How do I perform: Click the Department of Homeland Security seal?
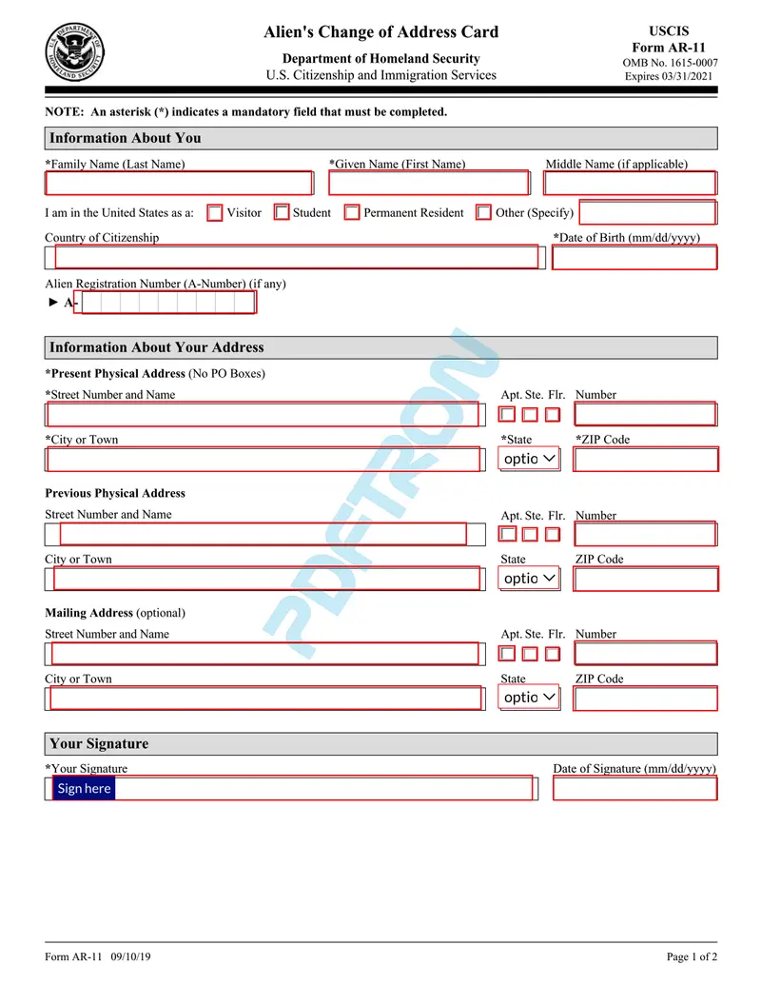coord(75,52)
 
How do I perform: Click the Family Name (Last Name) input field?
coord(179,183)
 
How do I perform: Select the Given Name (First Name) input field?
coord(428,183)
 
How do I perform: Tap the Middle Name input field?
coord(630,183)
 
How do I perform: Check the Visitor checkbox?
coord(215,213)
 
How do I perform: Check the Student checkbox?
coord(282,213)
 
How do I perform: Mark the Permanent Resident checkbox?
coord(352,213)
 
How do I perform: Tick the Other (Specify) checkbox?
coord(483,213)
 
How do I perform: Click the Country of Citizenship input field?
coord(295,257)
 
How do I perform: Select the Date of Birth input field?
coord(634,257)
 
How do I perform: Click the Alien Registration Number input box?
coord(168,303)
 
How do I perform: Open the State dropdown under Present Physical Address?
coord(530,459)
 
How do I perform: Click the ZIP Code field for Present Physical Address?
coord(645,459)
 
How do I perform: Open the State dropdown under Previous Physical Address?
coord(530,579)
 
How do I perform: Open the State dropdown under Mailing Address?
coord(530,698)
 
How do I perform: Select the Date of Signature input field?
coord(634,788)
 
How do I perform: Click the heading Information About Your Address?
coord(157,347)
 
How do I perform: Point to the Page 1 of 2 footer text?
coord(692,956)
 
